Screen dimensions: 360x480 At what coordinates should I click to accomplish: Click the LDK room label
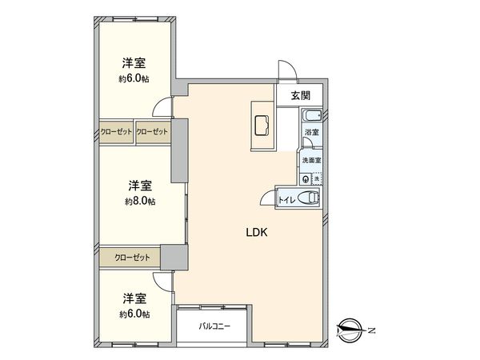point(255,233)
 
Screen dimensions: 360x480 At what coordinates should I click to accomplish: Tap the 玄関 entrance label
point(300,96)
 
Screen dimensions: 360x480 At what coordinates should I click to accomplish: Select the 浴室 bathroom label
point(312,132)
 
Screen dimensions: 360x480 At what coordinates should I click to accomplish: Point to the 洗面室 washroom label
point(311,160)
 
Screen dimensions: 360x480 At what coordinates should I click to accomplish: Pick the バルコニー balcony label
point(214,326)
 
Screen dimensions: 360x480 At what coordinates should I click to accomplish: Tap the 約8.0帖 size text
point(140,202)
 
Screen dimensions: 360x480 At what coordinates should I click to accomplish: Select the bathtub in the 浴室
point(312,117)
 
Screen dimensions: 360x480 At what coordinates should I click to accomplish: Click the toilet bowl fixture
point(310,197)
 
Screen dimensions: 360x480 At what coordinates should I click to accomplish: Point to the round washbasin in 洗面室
point(305,178)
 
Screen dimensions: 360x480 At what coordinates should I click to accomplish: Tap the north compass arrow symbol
point(350,329)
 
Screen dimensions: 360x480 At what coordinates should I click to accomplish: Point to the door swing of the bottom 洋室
point(163,279)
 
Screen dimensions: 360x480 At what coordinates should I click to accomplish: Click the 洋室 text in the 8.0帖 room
point(140,186)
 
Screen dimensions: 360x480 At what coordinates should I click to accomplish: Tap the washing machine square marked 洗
point(316,178)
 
